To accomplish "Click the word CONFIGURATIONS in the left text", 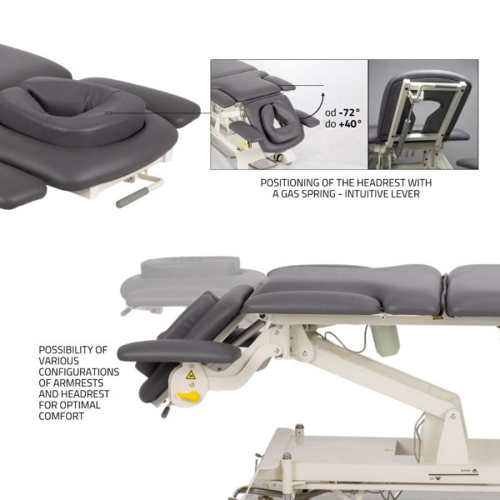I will [80, 372].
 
